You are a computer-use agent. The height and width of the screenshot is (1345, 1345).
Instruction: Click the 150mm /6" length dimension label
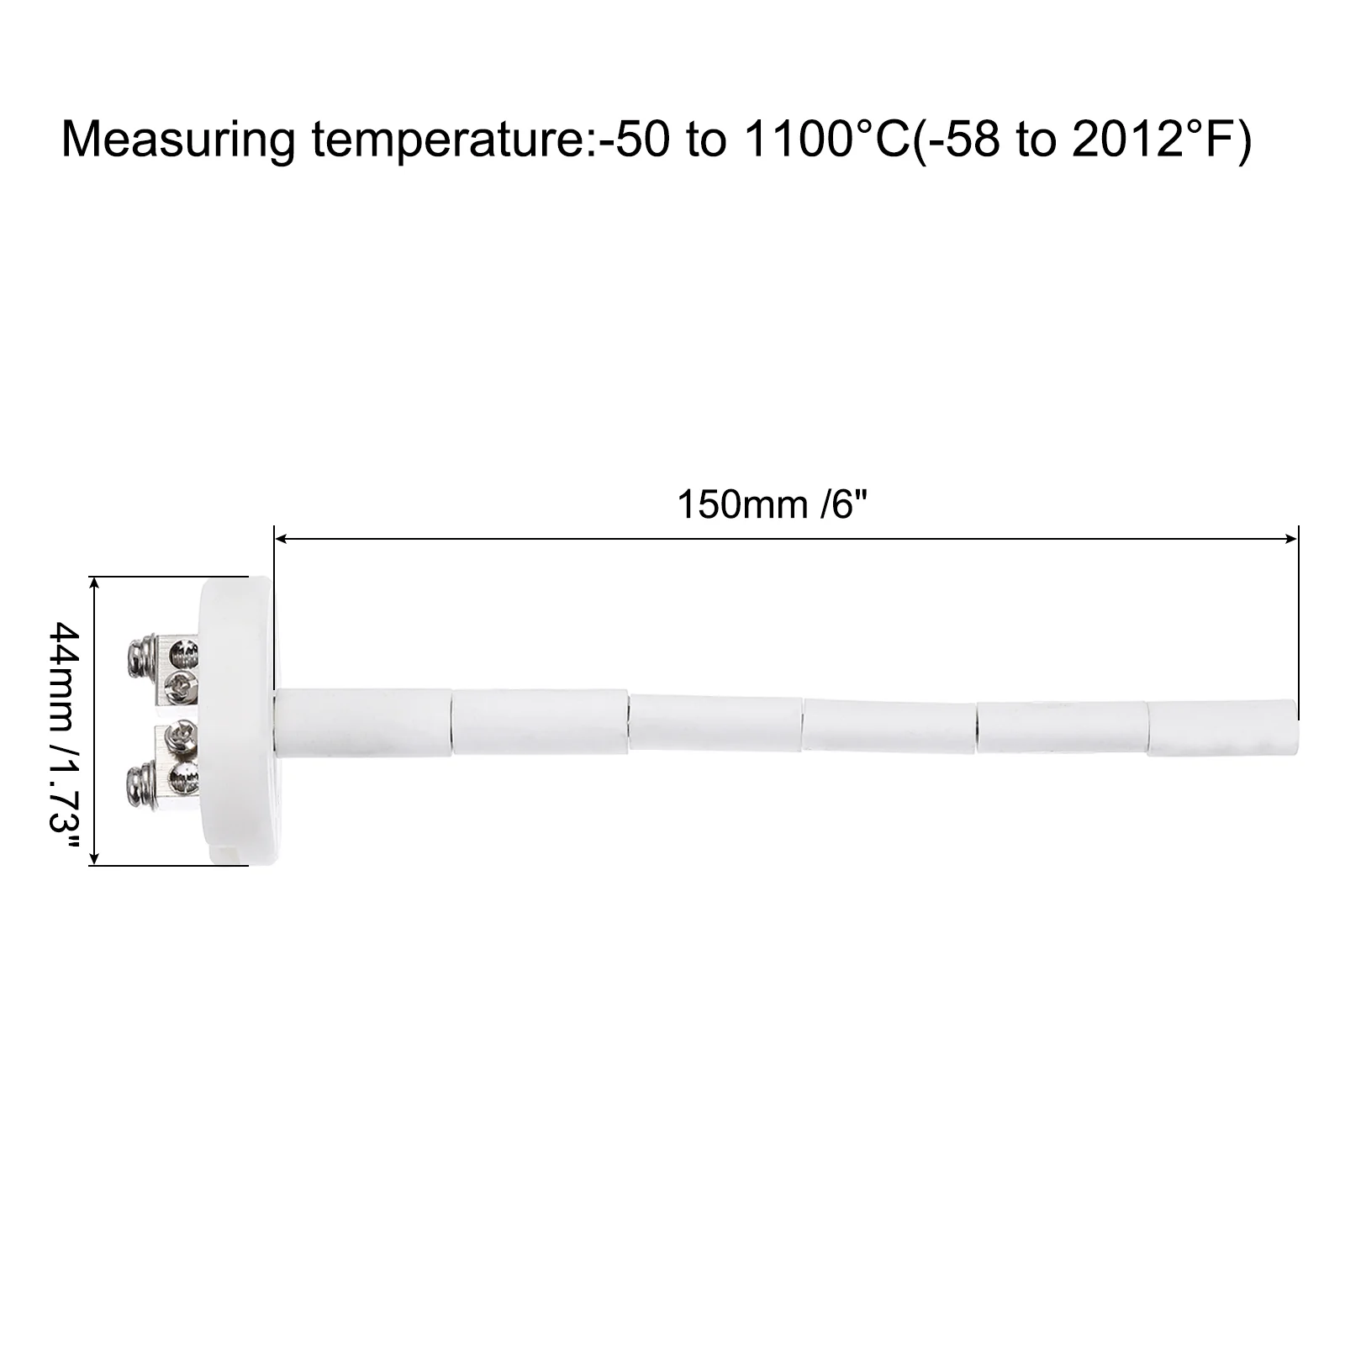coord(771,504)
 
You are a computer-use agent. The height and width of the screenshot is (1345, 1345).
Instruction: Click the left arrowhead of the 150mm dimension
coord(282,539)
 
